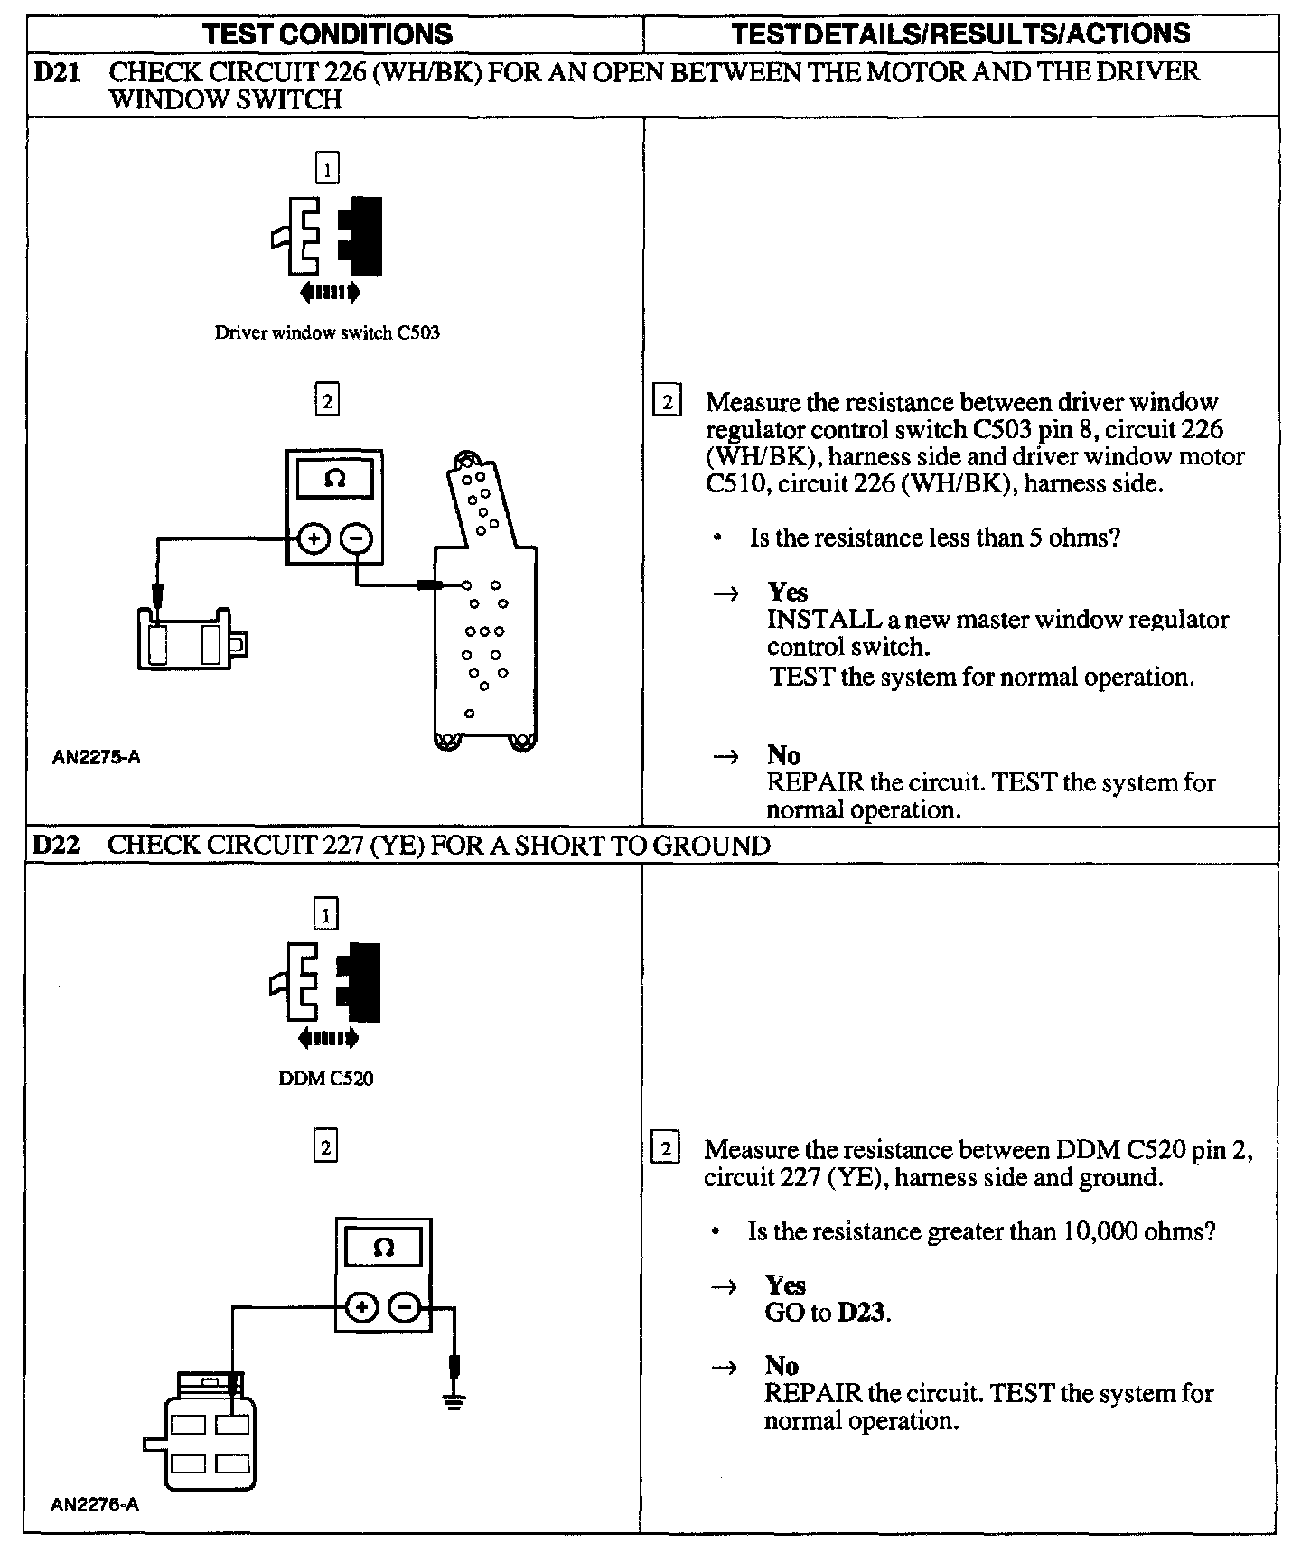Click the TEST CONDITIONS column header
point(327,34)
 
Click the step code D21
point(56,72)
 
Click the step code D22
point(56,846)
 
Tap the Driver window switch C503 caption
point(327,332)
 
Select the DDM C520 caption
point(326,1079)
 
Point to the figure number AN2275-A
point(97,758)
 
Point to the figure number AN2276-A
point(95,1505)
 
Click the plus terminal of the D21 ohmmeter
point(314,540)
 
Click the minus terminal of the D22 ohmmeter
point(405,1307)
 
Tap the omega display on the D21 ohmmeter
point(334,479)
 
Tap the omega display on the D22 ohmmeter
point(384,1248)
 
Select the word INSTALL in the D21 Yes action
point(823,620)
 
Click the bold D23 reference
point(863,1313)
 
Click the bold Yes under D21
point(787,593)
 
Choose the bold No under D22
point(782,1366)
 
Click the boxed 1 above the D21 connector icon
point(327,168)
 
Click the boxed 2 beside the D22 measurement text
point(666,1150)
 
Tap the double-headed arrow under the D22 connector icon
point(327,1038)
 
